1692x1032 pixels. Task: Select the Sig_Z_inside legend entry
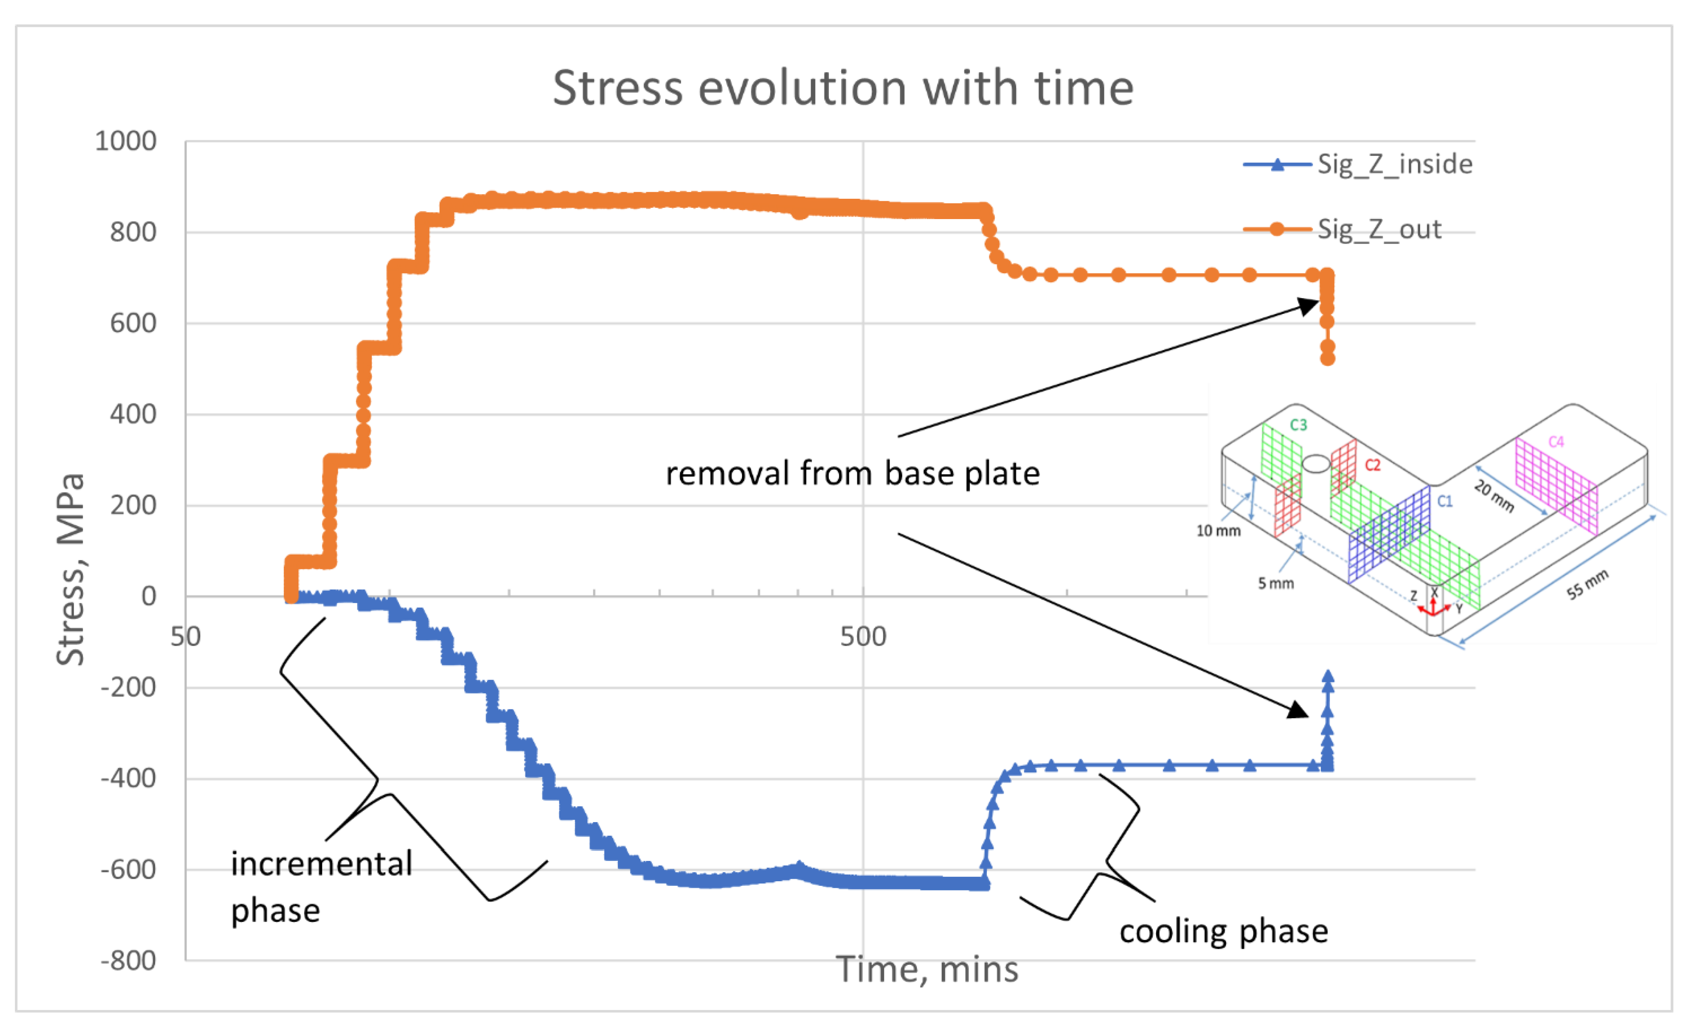1394,164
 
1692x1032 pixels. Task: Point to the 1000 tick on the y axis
126,142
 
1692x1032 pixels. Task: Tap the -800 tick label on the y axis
128,960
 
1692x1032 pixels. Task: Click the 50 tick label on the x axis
185,637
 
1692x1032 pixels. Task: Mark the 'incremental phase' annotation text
321,886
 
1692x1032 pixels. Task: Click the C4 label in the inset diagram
1556,442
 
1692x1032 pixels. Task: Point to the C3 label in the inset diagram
1298,424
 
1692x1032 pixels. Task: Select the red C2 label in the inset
1372,465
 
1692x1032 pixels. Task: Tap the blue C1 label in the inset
1445,501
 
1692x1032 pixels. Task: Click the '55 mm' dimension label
1587,584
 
